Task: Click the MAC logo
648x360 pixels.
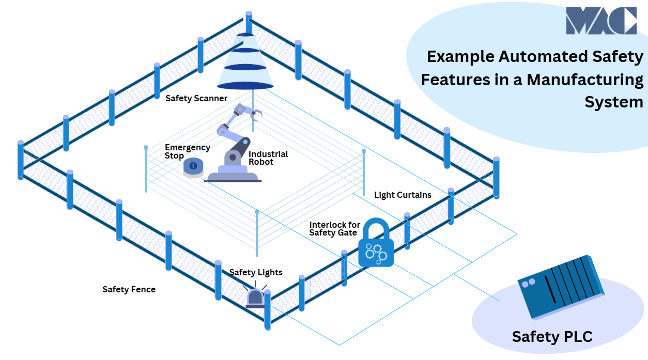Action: point(600,21)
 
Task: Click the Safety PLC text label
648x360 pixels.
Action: point(552,337)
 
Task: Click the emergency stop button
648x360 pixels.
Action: point(193,167)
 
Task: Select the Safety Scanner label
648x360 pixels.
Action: point(196,98)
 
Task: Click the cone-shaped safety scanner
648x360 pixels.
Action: point(245,62)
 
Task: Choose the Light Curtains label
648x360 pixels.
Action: point(403,195)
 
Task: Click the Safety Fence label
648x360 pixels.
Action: point(129,289)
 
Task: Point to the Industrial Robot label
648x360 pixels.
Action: point(268,158)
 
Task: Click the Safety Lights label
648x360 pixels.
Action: point(256,272)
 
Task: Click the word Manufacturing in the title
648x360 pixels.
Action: point(585,80)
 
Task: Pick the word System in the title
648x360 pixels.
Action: point(614,102)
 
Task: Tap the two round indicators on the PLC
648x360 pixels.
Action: point(528,284)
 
